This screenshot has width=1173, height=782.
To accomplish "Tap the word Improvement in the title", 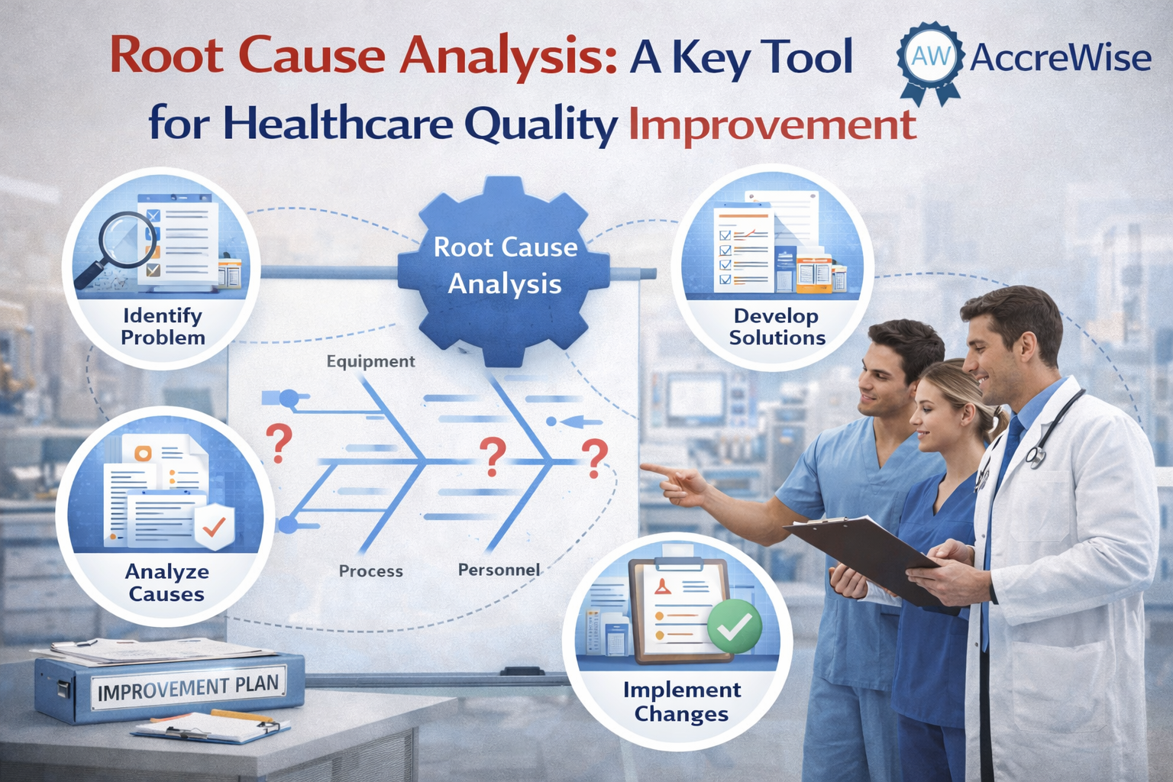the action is click(x=772, y=126).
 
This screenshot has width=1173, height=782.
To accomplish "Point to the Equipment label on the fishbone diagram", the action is click(x=370, y=361).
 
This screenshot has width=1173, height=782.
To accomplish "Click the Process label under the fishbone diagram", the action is click(x=370, y=570).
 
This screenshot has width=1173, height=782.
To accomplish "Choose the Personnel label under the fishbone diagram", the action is click(x=499, y=570).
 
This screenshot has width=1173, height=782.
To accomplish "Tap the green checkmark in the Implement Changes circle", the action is click(x=734, y=626).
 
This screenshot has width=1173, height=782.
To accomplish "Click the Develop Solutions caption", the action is click(x=777, y=326).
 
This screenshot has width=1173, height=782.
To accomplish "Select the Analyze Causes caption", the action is click(x=166, y=583).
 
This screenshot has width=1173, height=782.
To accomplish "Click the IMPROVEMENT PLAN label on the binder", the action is click(x=188, y=688).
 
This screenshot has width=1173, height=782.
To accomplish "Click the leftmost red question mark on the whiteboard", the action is click(x=279, y=444).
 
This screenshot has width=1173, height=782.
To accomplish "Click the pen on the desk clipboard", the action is click(x=243, y=716).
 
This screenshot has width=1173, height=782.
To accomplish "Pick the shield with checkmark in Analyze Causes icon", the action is click(x=214, y=527).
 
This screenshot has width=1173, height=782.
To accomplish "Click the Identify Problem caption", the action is click(x=163, y=326).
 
